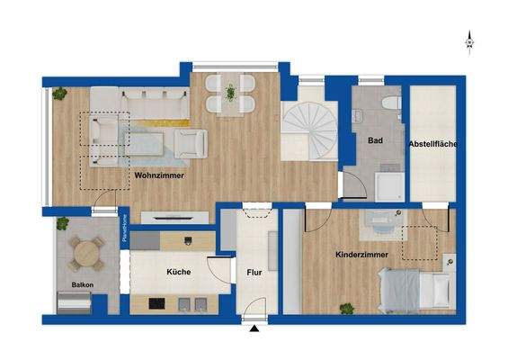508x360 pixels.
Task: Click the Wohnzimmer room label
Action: click(x=159, y=175)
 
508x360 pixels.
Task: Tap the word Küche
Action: click(x=178, y=270)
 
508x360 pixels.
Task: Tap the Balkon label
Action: click(x=71, y=286)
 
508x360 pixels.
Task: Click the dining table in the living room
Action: click(x=231, y=93)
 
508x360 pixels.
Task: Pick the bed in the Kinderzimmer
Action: click(x=415, y=290)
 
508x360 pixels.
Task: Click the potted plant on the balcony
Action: click(x=63, y=222)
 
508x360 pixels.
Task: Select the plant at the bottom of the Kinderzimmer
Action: click(x=344, y=309)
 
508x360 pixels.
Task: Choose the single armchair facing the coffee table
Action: click(x=191, y=141)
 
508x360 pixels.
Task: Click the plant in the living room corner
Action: click(x=59, y=94)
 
